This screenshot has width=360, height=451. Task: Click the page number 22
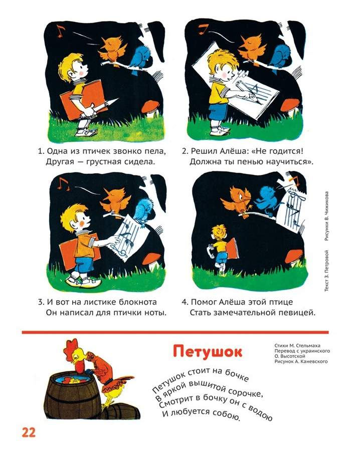coord(29,432)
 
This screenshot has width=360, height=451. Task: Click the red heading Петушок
coord(208,351)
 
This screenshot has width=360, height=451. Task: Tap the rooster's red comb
coord(72,345)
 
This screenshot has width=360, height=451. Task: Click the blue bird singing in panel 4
coord(268,199)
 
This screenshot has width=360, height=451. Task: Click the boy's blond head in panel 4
coord(219,232)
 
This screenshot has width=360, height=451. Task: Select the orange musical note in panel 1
coord(60,31)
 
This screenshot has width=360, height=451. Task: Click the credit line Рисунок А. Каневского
coord(301,361)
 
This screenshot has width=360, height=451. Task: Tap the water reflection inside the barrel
coord(72,380)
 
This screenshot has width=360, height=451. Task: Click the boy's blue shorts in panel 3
coord(84,265)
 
